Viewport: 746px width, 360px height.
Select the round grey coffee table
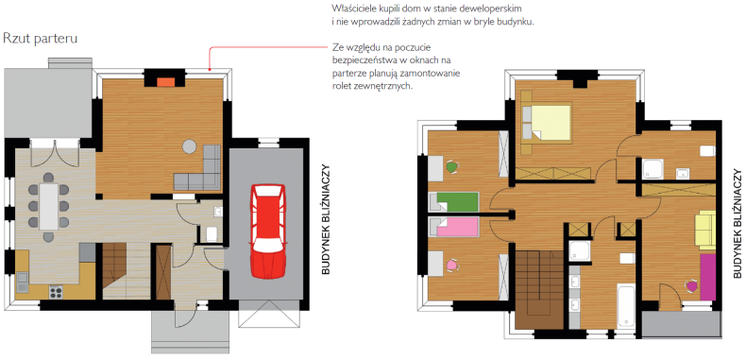190,146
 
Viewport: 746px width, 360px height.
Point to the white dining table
48,207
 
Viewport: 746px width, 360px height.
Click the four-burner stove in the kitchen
55,291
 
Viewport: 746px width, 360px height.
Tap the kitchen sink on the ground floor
23,283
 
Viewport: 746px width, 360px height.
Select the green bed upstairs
454,202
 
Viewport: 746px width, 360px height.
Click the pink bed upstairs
454,227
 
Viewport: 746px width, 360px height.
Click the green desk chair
452,166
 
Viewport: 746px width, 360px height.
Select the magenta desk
708,277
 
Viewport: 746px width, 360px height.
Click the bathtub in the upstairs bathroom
626,307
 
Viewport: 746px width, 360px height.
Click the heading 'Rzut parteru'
40,39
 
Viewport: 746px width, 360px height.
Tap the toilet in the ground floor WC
212,233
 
